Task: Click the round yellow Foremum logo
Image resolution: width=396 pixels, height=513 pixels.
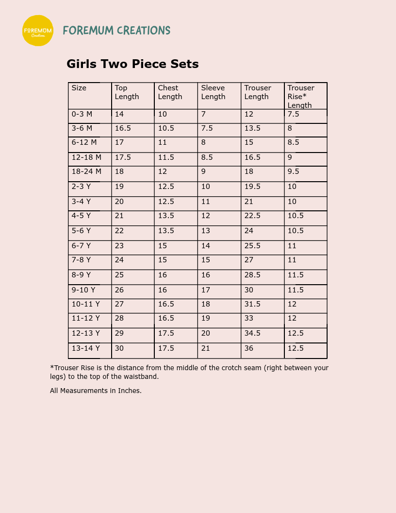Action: click(x=38, y=31)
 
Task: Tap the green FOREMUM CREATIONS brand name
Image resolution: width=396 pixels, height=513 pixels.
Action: click(x=116, y=31)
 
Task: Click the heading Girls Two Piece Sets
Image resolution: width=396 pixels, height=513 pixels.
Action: click(x=132, y=64)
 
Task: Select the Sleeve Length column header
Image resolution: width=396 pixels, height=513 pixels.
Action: click(x=213, y=92)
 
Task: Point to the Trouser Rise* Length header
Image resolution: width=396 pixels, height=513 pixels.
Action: click(x=300, y=96)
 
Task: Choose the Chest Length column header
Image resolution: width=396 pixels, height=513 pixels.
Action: click(x=170, y=92)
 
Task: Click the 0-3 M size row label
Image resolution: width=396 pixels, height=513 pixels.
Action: click(x=82, y=114)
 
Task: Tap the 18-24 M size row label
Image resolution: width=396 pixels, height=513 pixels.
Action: click(x=86, y=171)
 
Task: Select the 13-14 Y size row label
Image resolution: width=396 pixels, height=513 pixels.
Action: click(x=86, y=348)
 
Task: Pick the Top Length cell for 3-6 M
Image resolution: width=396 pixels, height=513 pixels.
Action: click(x=123, y=128)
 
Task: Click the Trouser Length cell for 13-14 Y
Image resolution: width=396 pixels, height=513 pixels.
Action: click(x=249, y=348)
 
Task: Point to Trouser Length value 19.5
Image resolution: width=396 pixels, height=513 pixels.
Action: click(x=252, y=187)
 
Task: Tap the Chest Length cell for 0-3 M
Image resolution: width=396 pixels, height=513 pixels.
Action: click(x=162, y=114)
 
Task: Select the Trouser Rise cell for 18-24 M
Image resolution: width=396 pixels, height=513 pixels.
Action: click(x=293, y=171)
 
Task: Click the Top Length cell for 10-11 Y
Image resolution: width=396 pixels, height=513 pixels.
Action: click(x=119, y=304)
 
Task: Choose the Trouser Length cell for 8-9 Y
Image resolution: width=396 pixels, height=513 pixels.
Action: click(x=252, y=275)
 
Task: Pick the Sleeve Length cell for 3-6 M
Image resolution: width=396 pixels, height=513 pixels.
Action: click(x=207, y=128)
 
